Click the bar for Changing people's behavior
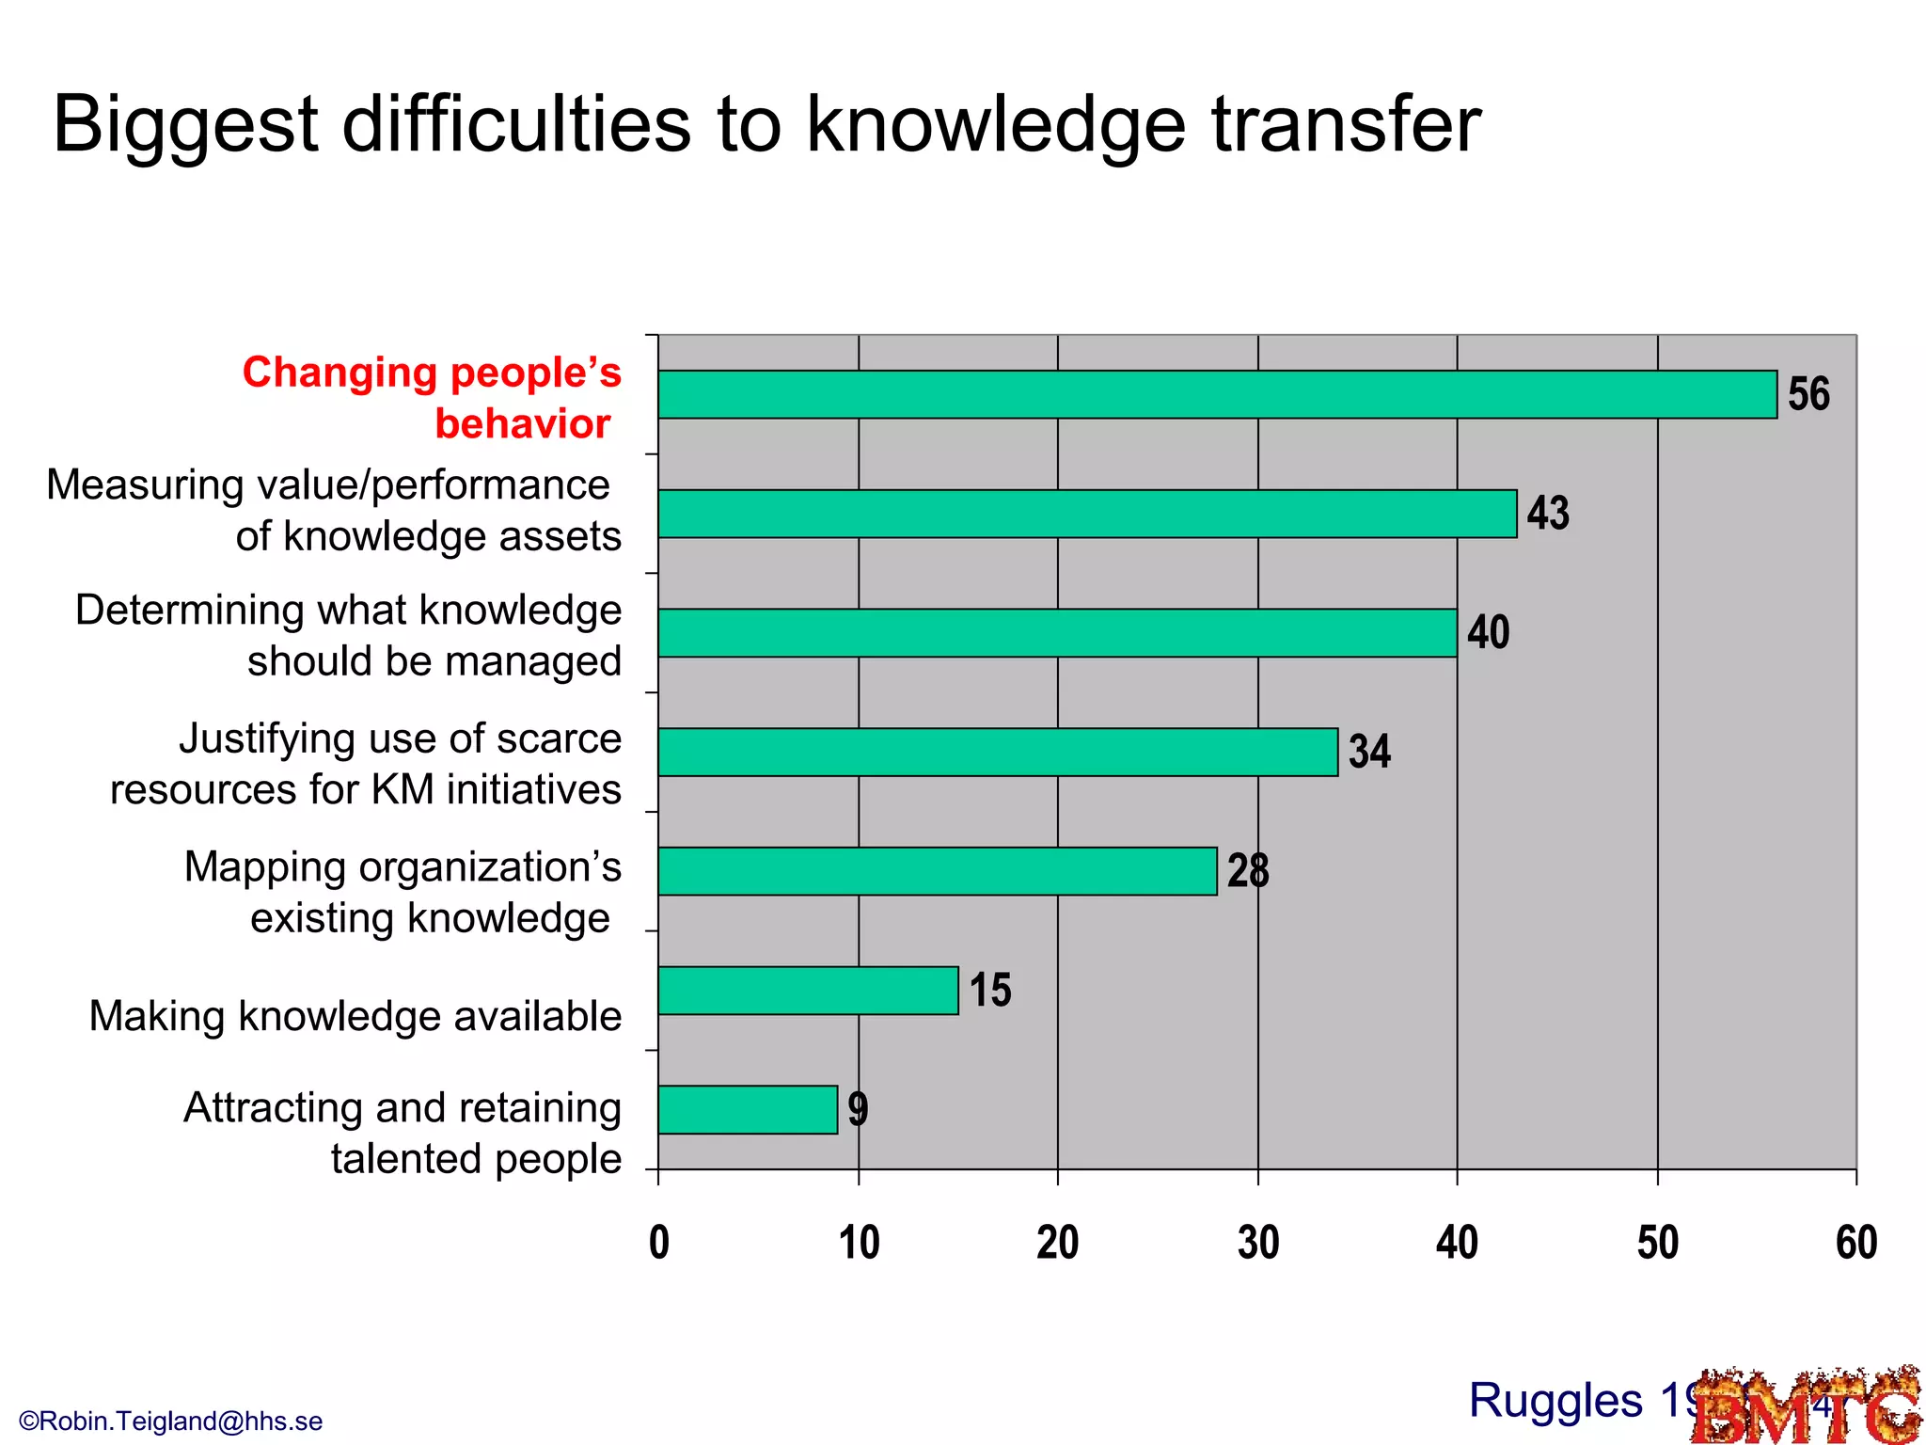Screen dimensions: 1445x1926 [x=1217, y=394]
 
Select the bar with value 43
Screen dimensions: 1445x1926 [x=1087, y=514]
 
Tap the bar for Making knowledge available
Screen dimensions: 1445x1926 [x=808, y=991]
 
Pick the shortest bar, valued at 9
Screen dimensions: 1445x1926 [x=748, y=1110]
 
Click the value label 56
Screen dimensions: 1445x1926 [x=1808, y=394]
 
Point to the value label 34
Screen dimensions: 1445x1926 [x=1369, y=752]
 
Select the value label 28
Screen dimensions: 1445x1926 [x=1248, y=871]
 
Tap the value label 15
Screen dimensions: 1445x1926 [x=990, y=991]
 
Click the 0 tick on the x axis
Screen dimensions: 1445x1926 [x=659, y=1243]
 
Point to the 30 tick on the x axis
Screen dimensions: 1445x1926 [x=1258, y=1243]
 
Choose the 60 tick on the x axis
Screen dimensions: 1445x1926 [x=1856, y=1243]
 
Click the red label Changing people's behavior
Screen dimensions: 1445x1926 [x=432, y=398]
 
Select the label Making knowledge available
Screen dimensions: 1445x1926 [x=355, y=1017]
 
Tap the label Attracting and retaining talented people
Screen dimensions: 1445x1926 [x=403, y=1133]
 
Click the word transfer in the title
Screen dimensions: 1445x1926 [x=1346, y=124]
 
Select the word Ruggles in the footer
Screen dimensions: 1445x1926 [x=1555, y=1401]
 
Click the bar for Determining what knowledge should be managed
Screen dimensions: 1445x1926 [x=1057, y=633]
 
